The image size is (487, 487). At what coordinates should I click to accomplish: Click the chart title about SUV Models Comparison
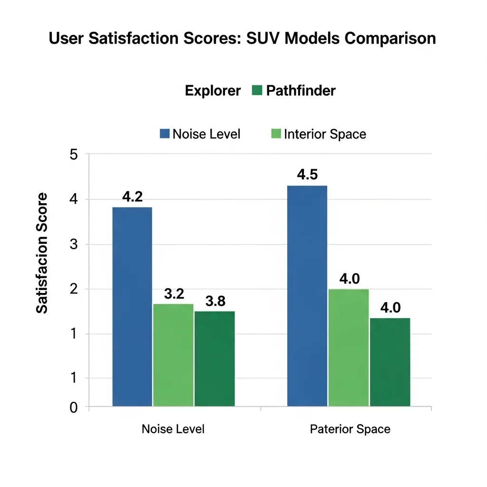[243, 38]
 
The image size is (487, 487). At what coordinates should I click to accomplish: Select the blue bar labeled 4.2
[132, 307]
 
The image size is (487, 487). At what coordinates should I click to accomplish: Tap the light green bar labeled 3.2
[174, 355]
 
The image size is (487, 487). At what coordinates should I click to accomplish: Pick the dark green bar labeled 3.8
[214, 359]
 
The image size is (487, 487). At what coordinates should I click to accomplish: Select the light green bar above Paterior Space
[349, 348]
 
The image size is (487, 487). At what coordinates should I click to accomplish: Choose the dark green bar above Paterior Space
[390, 362]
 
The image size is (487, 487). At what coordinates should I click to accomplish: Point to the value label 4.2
[132, 197]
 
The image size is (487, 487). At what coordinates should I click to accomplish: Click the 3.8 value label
[215, 301]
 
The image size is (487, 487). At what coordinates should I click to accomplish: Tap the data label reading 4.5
[307, 175]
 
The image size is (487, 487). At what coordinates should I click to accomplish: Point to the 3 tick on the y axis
[73, 244]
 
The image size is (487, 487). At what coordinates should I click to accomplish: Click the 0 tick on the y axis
[73, 407]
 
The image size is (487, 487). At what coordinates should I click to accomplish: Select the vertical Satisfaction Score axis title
[42, 253]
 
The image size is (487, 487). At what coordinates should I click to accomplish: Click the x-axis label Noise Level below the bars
[173, 429]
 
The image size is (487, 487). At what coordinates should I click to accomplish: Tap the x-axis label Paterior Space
[350, 429]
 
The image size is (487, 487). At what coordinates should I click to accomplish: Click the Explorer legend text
[213, 90]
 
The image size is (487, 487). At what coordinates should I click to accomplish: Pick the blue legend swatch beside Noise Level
[165, 134]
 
